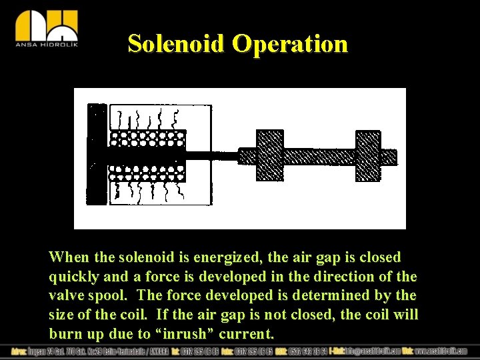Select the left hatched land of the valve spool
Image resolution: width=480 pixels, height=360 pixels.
(270, 155)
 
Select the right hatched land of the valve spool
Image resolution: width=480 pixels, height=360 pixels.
(368, 155)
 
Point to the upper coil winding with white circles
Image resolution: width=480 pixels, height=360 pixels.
(147, 139)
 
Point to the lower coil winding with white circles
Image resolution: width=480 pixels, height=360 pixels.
(147, 173)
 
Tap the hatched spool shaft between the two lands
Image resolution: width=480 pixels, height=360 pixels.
(319, 156)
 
